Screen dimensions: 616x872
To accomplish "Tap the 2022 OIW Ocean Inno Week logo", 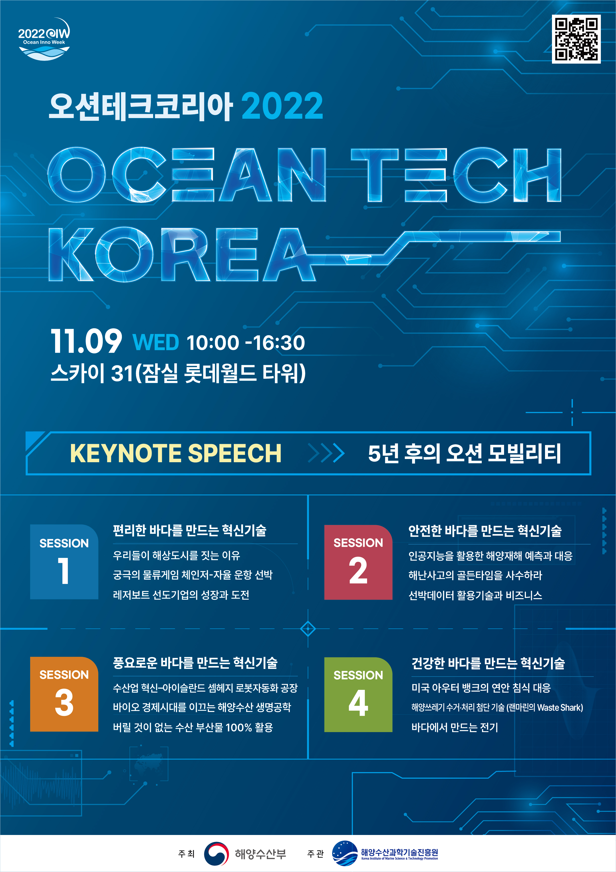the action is click(x=44, y=39).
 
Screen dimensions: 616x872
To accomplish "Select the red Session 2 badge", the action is click(x=358, y=562).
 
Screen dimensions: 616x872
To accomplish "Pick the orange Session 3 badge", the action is click(x=64, y=694).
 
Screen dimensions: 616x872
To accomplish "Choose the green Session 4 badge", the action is click(x=358, y=694).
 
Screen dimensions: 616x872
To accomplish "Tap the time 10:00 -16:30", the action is click(x=245, y=343).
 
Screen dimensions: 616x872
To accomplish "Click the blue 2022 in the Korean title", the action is click(x=282, y=106).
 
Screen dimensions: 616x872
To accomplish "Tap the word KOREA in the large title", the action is click(x=182, y=254).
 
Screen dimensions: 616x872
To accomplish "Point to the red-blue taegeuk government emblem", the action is click(x=216, y=854).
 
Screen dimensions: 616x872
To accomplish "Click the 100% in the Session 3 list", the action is click(x=239, y=727).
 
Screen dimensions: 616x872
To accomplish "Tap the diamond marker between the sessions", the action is click(x=308, y=628).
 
